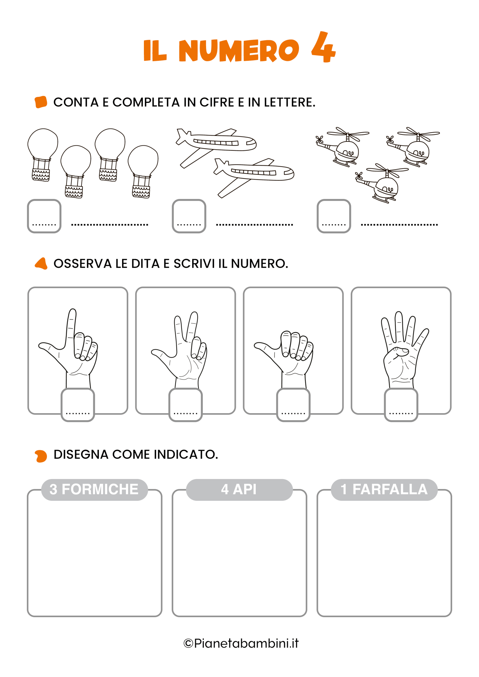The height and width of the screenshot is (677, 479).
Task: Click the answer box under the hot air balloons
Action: point(44,216)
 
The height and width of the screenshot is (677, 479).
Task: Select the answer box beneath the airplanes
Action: point(189,216)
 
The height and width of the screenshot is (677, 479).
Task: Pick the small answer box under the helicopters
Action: point(334,216)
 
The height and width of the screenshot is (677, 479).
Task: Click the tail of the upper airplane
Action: point(183,136)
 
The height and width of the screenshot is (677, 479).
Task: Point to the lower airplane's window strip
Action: point(253,172)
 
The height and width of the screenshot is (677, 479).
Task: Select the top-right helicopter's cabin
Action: point(418,151)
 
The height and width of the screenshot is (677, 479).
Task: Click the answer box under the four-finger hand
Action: point(401,405)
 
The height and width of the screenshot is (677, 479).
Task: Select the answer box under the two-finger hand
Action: point(186,405)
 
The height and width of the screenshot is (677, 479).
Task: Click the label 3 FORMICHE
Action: point(94,490)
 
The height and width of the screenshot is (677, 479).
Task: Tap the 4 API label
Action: point(239,490)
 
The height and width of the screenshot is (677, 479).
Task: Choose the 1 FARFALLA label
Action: point(384,490)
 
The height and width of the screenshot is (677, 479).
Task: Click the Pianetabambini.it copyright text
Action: point(241,643)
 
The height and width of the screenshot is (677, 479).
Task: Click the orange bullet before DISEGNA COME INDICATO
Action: point(41,456)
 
